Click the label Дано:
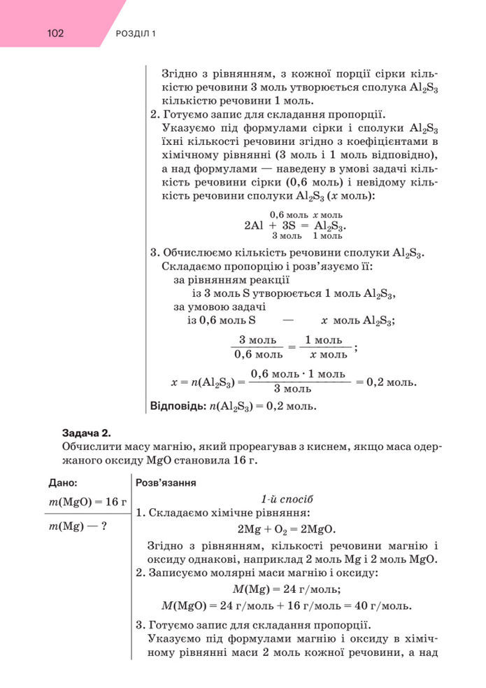pos(63,483)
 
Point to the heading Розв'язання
pos(166,483)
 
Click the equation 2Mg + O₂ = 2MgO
pos(287,528)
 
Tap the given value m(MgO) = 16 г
pos(87,501)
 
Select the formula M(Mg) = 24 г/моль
pos(287,589)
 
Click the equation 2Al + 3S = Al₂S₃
pos(295,226)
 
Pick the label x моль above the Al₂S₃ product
pos(328,214)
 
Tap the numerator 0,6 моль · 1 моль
pos(297,374)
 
